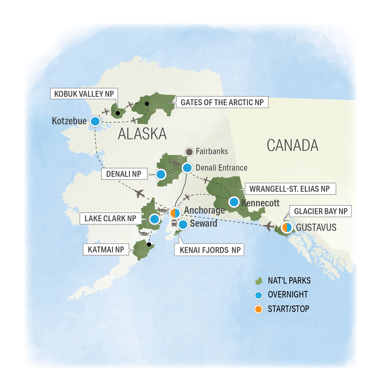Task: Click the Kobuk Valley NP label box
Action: point(84,94)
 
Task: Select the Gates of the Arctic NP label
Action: point(222,102)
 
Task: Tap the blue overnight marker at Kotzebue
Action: point(95,121)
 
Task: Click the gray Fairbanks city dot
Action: point(189,152)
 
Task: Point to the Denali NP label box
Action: point(124,174)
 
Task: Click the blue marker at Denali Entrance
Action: point(187,168)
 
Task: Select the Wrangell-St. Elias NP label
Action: point(289,189)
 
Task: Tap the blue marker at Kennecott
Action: point(234,202)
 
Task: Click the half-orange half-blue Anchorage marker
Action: point(175,213)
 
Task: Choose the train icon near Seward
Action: point(174,223)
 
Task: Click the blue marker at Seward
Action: point(183,224)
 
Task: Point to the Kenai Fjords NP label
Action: point(210,250)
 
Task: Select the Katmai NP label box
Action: point(106,250)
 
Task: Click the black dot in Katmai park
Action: point(149,244)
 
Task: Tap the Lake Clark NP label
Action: point(110,218)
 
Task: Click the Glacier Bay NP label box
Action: point(321,211)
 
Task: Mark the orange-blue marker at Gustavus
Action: point(287,227)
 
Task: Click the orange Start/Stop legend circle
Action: point(258,309)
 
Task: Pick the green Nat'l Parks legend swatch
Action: point(258,281)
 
